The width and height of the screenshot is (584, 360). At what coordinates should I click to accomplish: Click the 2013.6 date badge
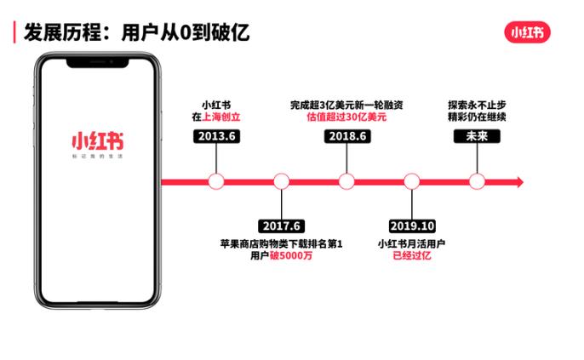215,135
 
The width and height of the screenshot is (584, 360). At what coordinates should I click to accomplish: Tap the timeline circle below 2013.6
215,180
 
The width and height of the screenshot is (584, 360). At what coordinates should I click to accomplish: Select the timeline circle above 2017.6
281,180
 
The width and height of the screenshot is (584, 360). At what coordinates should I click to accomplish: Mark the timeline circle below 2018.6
346,180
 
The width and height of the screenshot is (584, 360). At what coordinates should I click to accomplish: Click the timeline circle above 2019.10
411,180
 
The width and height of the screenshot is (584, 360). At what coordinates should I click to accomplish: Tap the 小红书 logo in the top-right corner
530,32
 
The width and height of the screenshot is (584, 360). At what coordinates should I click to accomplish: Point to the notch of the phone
95,62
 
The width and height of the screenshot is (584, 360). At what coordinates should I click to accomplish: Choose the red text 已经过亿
411,257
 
